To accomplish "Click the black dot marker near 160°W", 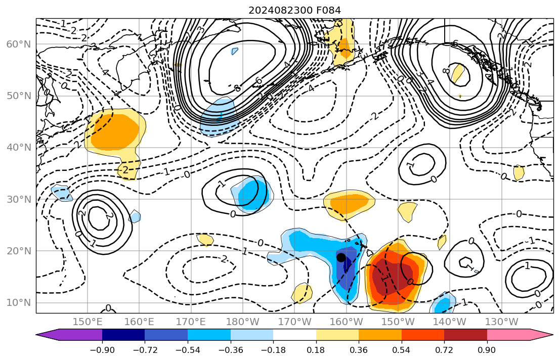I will click(x=341, y=257).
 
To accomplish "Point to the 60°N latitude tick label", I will click(x=19, y=44).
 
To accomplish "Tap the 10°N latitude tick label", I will click(x=19, y=303).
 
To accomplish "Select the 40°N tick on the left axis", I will click(x=19, y=148).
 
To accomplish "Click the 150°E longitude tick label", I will click(x=88, y=322).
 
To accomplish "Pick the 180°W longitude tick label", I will click(x=242, y=322).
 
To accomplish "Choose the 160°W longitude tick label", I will click(x=346, y=322).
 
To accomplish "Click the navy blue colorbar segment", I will click(x=123, y=335).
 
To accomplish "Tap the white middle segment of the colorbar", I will click(x=294, y=335).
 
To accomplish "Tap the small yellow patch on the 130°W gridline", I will click(x=519, y=172).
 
